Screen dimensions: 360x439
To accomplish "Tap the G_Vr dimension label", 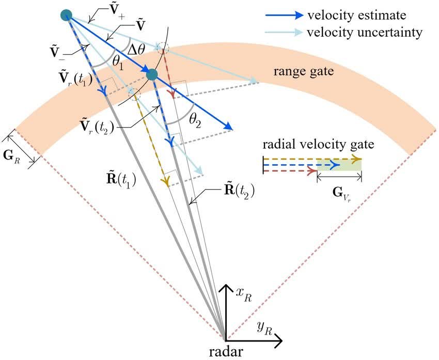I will point(340,195).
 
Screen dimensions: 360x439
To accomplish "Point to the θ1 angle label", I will point(118,64).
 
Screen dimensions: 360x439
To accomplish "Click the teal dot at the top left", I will point(66,15).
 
